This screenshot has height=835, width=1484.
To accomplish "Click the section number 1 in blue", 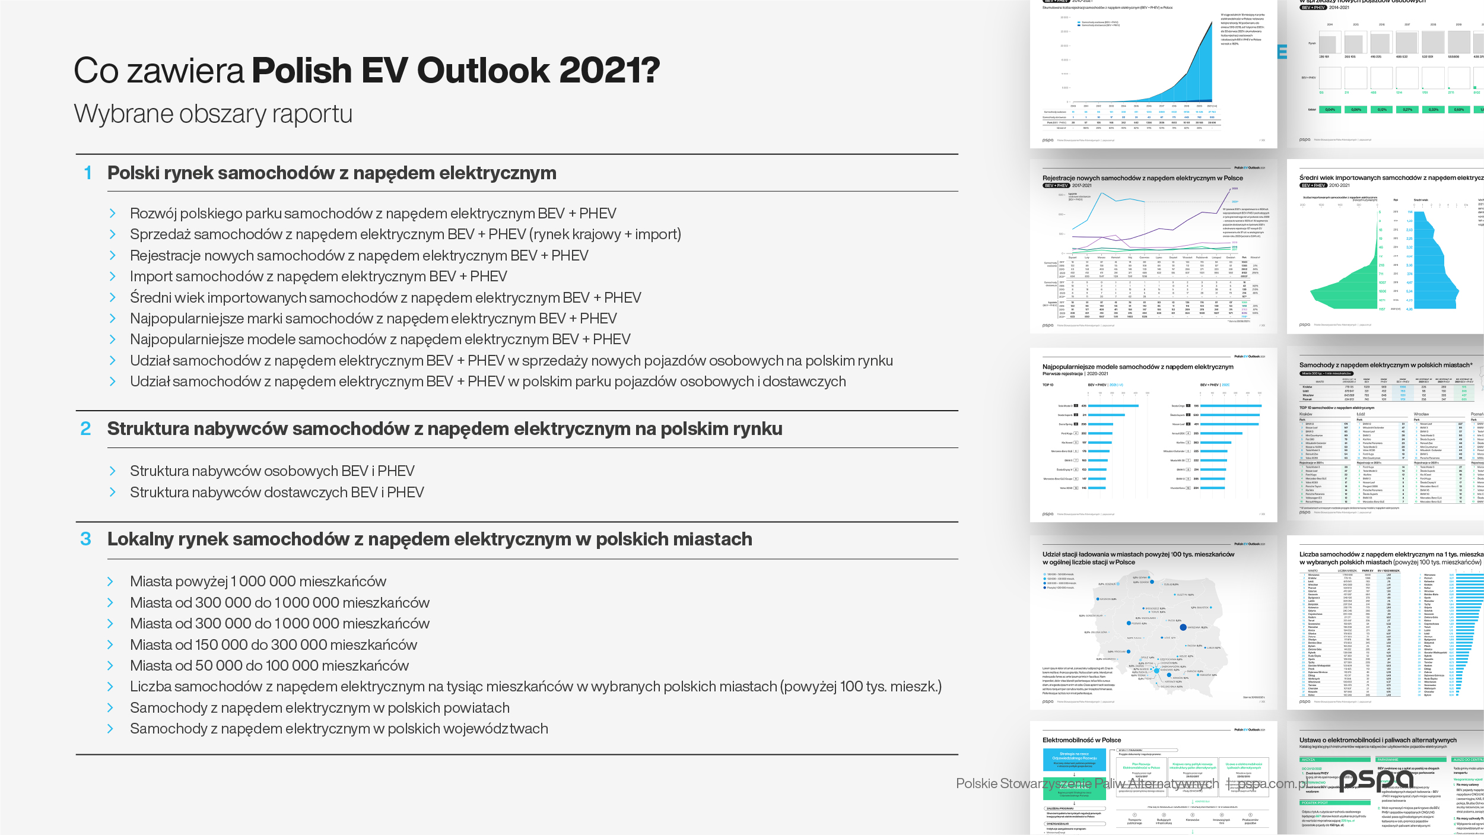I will click(88, 173).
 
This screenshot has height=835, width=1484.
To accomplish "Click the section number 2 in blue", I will click(86, 428).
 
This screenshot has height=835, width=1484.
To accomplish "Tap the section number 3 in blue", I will click(86, 539).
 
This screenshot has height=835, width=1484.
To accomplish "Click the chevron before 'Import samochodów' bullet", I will click(113, 276).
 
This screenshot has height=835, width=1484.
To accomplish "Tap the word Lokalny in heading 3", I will click(140, 539).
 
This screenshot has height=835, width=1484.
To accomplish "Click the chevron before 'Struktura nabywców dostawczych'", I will click(113, 492).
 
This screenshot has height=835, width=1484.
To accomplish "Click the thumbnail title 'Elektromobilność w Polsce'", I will click(1082, 740).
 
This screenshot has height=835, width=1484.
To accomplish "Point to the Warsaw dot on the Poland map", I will click(1183, 627).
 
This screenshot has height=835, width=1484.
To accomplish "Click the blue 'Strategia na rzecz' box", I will click(1074, 759).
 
